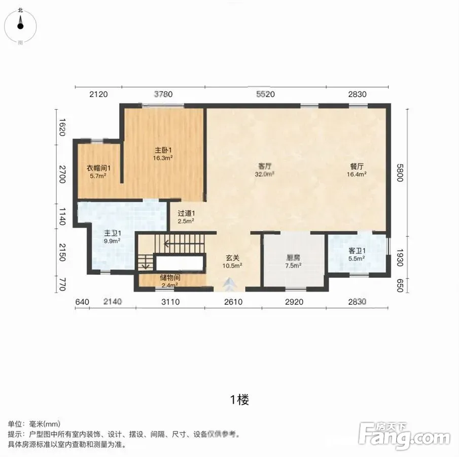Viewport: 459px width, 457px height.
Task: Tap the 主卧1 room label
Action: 163,154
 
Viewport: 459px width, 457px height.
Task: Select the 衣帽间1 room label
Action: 98,172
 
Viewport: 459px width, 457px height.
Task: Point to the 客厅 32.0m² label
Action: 265,170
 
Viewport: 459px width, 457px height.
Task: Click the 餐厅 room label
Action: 357,170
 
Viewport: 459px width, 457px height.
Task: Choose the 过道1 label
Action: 186,217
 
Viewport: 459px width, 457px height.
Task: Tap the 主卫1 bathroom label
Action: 113,237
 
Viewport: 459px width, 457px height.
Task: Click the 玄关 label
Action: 232,262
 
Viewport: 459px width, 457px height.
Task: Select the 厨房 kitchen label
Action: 293,262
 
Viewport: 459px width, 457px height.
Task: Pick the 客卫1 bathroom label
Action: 357,254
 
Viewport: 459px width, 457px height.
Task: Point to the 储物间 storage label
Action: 170,281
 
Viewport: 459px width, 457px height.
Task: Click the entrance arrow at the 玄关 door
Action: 230,284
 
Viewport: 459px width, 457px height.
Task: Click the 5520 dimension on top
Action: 265,94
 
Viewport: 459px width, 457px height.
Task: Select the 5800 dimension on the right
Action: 400,173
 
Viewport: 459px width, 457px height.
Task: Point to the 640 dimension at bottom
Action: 82,302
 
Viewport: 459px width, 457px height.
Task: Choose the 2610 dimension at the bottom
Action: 233,302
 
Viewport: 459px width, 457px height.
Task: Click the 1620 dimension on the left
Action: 62,127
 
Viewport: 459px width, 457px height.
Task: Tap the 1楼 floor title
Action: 240,400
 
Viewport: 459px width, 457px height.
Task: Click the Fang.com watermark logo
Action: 404,436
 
